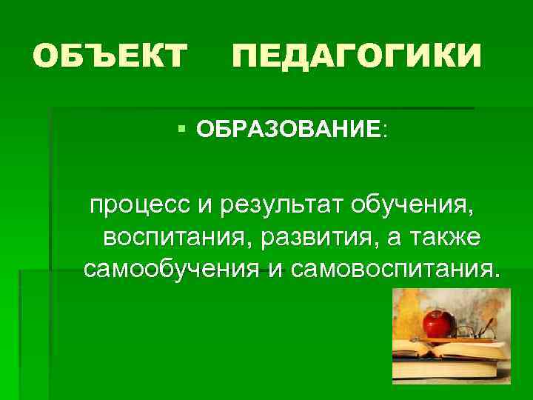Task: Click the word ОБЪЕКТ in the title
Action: click(x=110, y=56)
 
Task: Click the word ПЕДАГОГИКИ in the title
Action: click(x=357, y=56)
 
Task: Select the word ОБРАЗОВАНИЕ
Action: click(x=289, y=130)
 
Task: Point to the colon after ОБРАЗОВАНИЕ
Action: click(x=384, y=132)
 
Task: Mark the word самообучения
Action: click(x=171, y=267)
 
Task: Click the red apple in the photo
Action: click(x=438, y=324)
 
